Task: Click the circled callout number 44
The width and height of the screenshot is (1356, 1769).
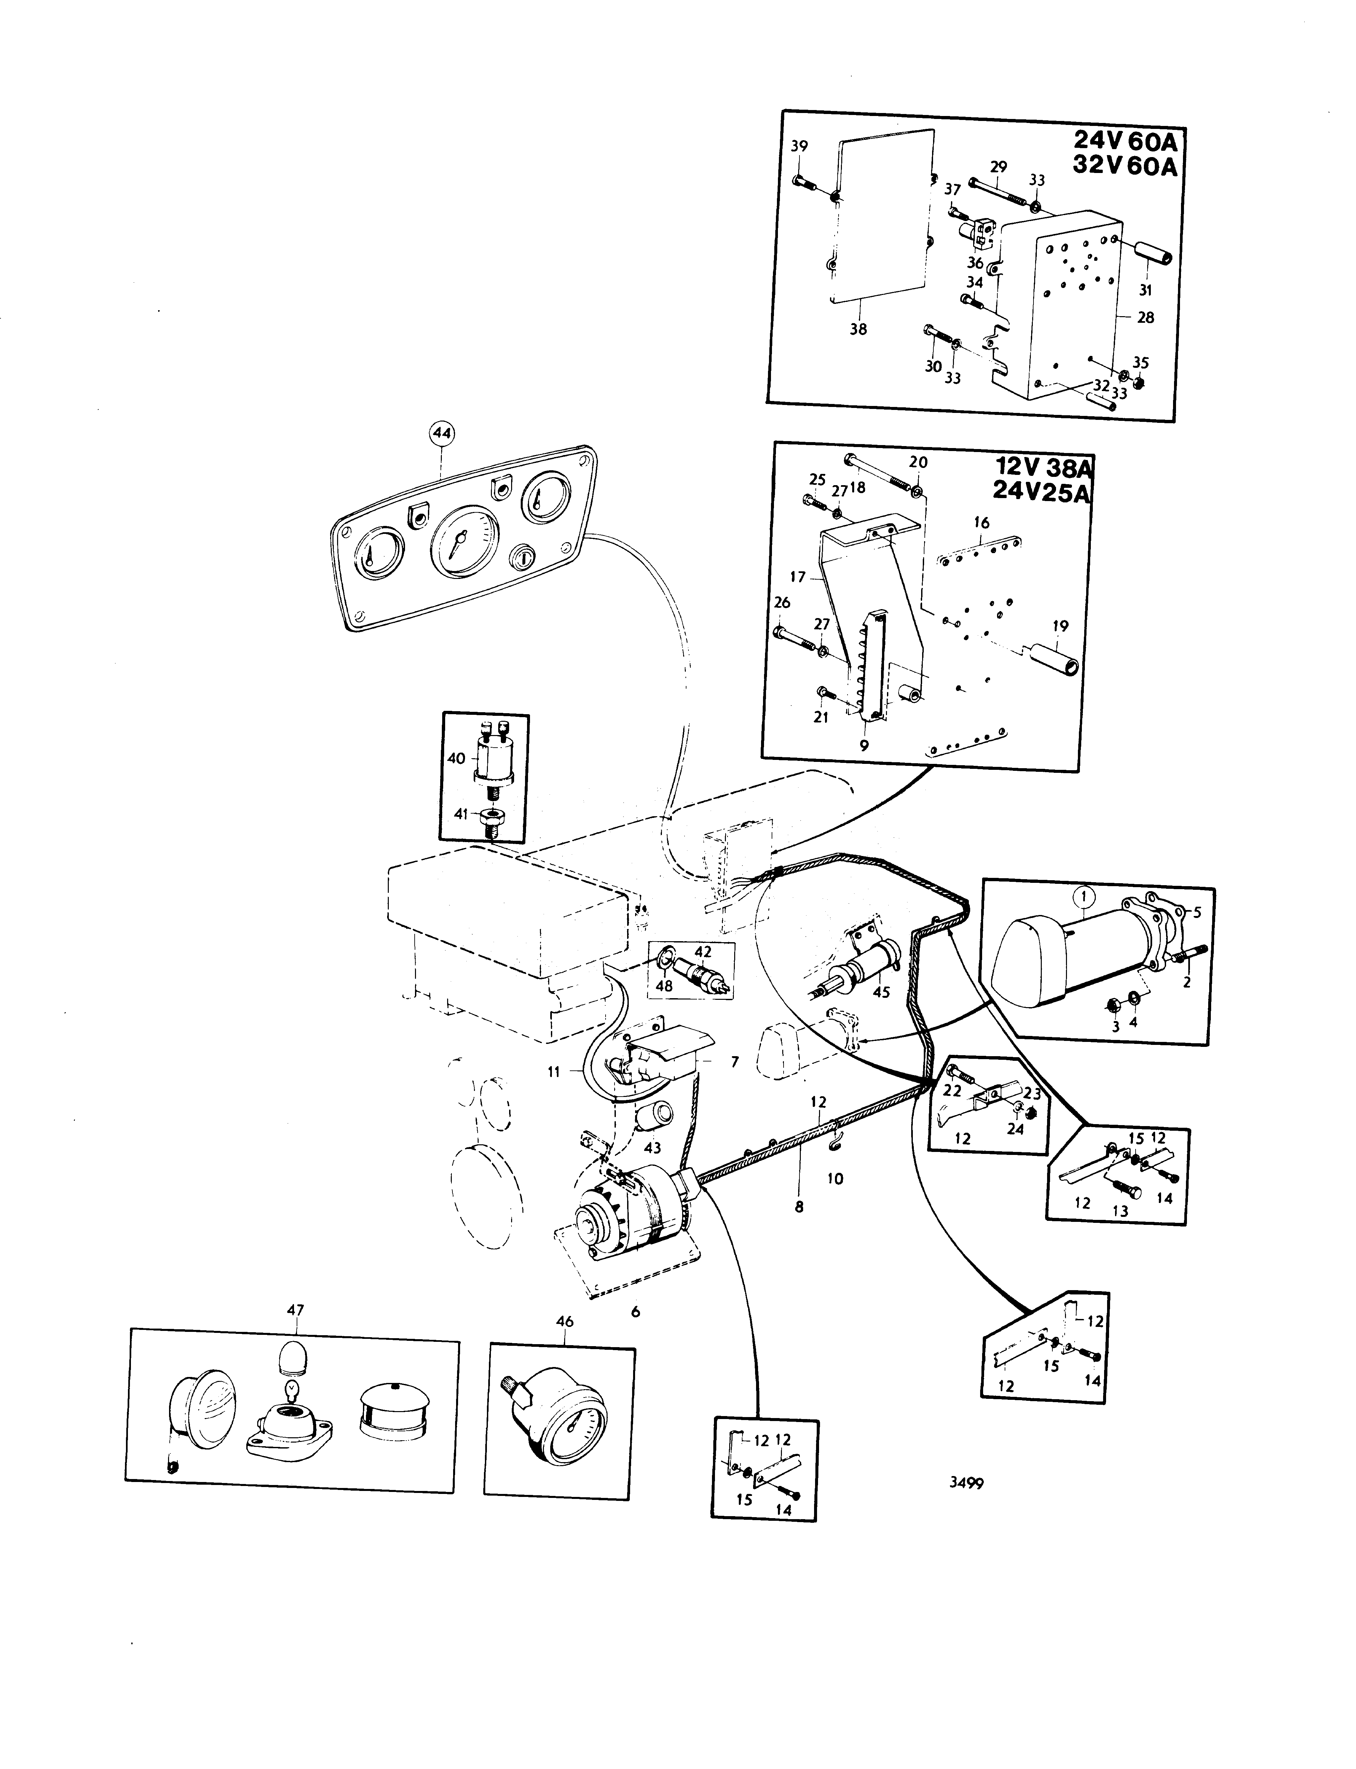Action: pos(442,434)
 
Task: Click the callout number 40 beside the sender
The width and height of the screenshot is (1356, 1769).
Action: pos(457,759)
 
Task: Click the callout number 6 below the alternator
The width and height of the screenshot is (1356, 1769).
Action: pos(635,1312)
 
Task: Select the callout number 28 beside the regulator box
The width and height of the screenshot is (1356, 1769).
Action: pos(1145,318)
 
